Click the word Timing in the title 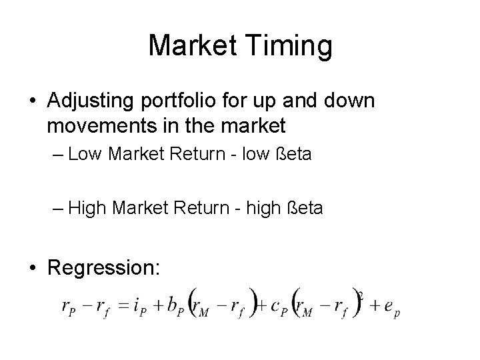[x=291, y=46]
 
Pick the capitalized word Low [x=83, y=156]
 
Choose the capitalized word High [x=87, y=209]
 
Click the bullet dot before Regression [x=33, y=269]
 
